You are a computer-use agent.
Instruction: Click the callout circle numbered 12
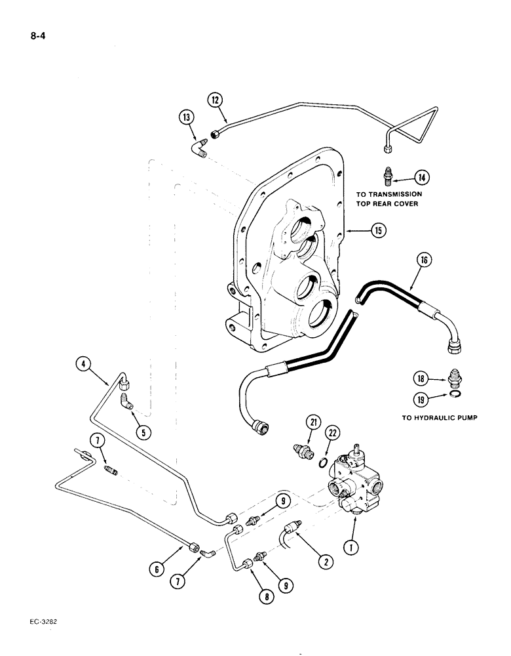click(x=216, y=100)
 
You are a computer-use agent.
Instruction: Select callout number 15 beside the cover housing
click(x=377, y=231)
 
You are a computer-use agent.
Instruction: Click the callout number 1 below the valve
click(x=352, y=544)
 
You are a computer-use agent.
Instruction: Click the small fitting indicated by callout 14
click(x=388, y=176)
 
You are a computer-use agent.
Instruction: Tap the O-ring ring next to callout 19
click(x=454, y=394)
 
